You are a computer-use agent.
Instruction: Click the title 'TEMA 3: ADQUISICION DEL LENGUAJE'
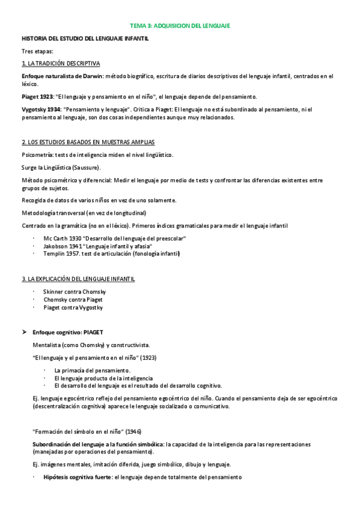[180, 26]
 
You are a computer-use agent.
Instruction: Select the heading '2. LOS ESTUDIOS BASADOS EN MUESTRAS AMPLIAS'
[88, 143]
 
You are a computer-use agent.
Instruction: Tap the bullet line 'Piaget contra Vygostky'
[73, 307]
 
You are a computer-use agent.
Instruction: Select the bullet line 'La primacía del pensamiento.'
[92, 370]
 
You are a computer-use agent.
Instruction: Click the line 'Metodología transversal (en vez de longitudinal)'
[84, 213]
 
